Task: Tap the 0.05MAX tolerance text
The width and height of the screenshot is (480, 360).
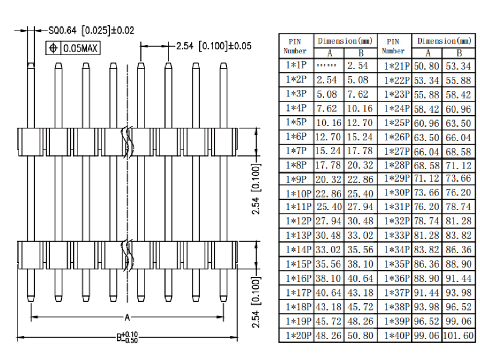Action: [x=83, y=47]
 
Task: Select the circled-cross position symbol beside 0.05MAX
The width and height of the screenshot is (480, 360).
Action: [x=53, y=47]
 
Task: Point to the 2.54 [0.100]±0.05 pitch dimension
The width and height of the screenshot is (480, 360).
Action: [x=214, y=46]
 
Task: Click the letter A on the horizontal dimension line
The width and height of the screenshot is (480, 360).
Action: [x=127, y=317]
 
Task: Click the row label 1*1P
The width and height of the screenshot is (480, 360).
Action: [x=295, y=65]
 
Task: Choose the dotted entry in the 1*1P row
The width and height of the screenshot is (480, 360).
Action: [x=327, y=65]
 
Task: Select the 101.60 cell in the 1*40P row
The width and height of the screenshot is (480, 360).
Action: [x=459, y=336]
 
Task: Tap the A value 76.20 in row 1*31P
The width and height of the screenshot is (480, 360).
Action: [x=426, y=208]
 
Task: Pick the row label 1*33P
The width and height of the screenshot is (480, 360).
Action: [x=397, y=236]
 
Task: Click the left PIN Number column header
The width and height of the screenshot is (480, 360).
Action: [x=295, y=46]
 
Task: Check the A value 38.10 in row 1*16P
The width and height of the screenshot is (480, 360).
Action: [x=328, y=279]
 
